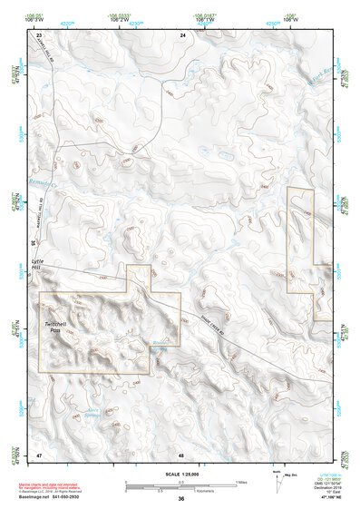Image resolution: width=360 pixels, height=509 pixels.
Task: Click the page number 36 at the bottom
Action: [x=181, y=498]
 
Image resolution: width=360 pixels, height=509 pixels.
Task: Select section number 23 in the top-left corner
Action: [x=39, y=34]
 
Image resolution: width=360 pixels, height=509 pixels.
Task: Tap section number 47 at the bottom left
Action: [x=39, y=454]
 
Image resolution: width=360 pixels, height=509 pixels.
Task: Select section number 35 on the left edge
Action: [x=34, y=242]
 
